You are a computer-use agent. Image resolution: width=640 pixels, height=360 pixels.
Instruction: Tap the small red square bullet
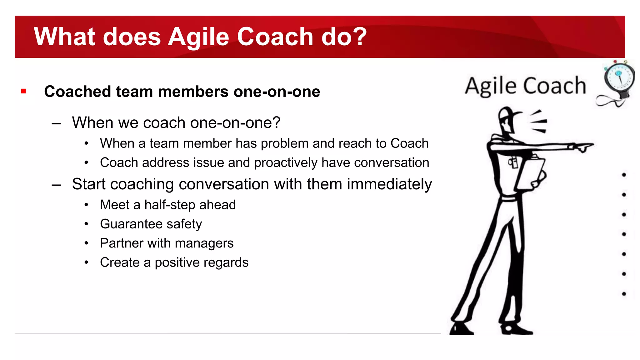click(x=24, y=91)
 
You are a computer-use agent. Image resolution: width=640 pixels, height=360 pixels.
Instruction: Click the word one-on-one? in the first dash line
click(x=235, y=122)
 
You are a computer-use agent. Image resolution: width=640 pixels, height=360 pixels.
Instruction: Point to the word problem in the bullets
click(x=284, y=143)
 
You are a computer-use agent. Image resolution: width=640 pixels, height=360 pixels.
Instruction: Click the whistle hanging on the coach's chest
click(x=512, y=163)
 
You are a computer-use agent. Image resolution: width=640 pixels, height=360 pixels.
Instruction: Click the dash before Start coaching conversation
click(x=56, y=185)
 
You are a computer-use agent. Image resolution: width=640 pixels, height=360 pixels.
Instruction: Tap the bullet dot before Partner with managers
click(x=86, y=243)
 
